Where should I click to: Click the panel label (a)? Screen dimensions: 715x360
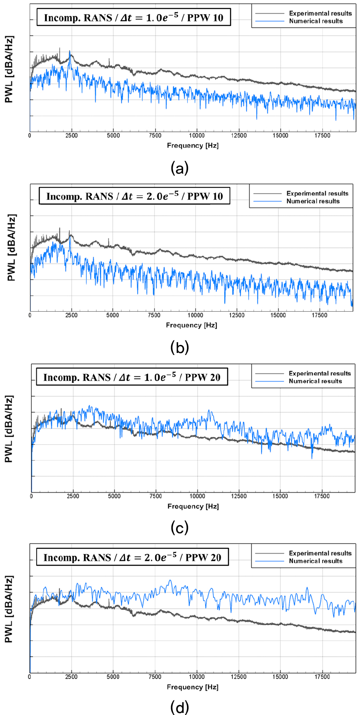pyautogui.click(x=180, y=168)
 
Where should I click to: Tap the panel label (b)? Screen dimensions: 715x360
pyautogui.click(x=180, y=347)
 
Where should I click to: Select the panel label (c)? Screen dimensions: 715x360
pyautogui.click(x=180, y=528)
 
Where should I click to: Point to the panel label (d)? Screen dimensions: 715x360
pyautogui.click(x=180, y=707)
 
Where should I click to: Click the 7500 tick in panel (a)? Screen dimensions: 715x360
pyautogui.click(x=155, y=136)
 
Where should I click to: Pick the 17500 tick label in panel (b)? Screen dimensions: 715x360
pyautogui.click(x=320, y=315)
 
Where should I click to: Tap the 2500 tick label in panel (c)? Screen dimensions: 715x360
pyautogui.click(x=73, y=496)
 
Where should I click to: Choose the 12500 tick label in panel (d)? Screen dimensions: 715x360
pyautogui.click(x=239, y=677)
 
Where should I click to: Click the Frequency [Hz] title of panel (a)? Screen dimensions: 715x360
pyautogui.click(x=193, y=146)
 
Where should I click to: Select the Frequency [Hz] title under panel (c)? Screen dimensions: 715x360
pyautogui.click(x=193, y=506)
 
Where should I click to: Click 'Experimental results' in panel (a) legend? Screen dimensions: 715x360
pyautogui.click(x=320, y=13)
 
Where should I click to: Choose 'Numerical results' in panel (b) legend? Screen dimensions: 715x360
pyautogui.click(x=313, y=201)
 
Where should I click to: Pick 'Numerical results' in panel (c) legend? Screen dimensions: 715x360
pyautogui.click(x=315, y=381)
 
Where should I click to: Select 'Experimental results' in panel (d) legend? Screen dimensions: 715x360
pyautogui.click(x=320, y=553)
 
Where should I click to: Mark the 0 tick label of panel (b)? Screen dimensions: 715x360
pyautogui.click(x=30, y=315)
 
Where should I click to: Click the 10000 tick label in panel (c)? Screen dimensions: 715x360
pyautogui.click(x=197, y=496)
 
